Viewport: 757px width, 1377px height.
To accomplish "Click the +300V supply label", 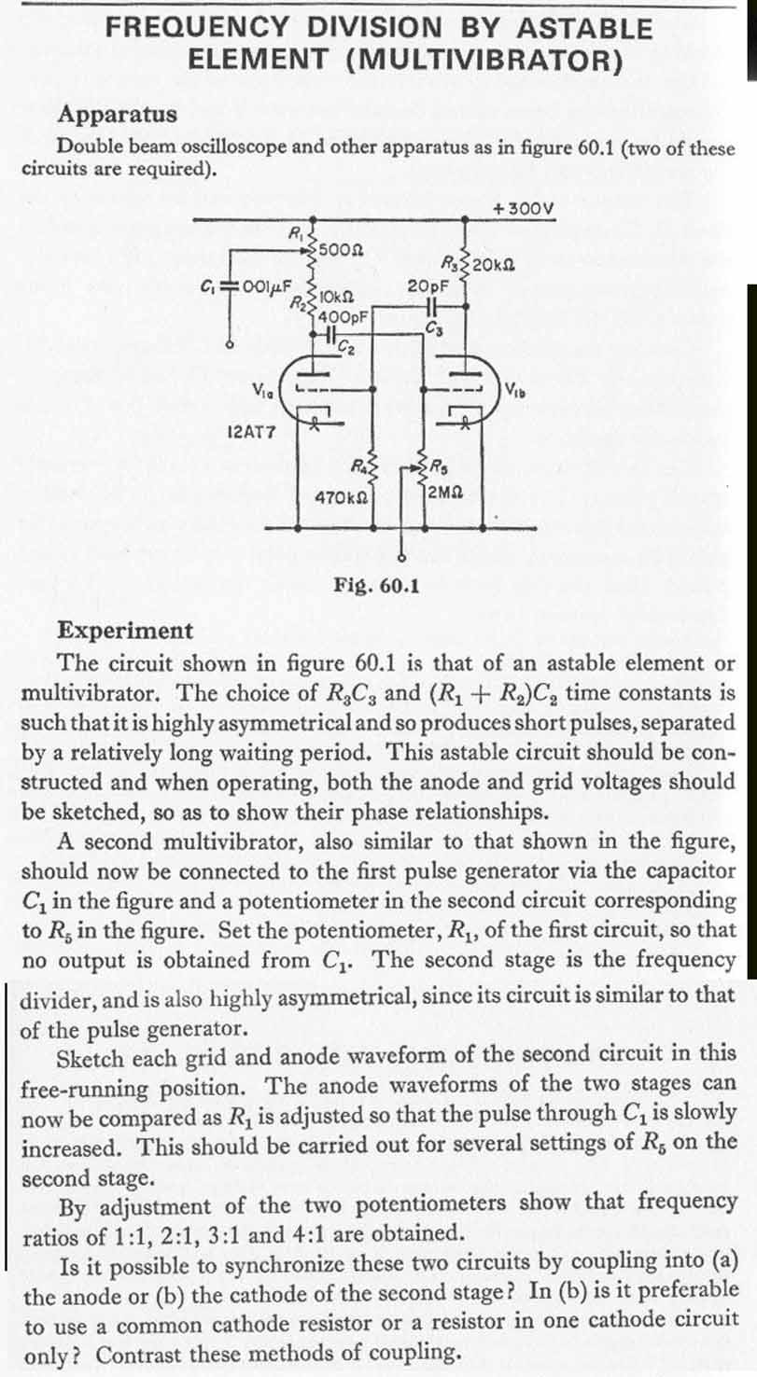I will (525, 207).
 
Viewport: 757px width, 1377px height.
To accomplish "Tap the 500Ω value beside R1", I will (341, 249).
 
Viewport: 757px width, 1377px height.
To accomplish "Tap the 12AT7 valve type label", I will (249, 432).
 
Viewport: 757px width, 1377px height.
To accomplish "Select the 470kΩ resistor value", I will (337, 498).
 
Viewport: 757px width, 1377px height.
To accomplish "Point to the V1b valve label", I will (517, 388).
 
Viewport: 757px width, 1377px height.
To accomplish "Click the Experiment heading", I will (125, 630).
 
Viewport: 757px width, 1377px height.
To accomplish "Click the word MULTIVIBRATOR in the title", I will (484, 60).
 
